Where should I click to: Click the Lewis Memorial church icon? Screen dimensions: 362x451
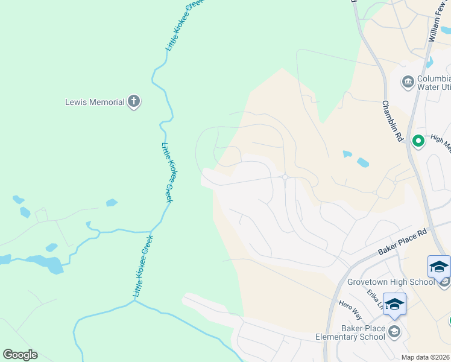pyautogui.click(x=134, y=102)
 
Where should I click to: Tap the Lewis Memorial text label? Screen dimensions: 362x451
pyautogui.click(x=95, y=102)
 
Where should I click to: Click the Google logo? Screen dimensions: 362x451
pyautogui.click(x=20, y=355)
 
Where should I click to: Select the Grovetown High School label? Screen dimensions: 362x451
pyautogui.click(x=391, y=282)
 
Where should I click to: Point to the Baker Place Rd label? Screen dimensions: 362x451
pyautogui.click(x=402, y=240)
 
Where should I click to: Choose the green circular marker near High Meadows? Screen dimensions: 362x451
pyautogui.click(x=418, y=141)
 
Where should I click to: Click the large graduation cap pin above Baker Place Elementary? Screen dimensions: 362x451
pyautogui.click(x=394, y=304)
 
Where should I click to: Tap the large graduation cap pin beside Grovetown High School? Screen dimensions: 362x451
pyautogui.click(x=439, y=267)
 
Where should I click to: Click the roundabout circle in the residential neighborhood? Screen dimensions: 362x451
pyautogui.click(x=285, y=177)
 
